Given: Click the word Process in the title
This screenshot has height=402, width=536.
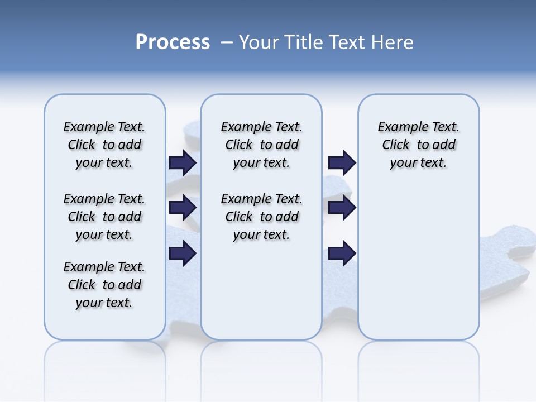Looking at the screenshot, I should point(173,42).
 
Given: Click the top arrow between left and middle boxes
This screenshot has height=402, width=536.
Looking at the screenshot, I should point(183,162).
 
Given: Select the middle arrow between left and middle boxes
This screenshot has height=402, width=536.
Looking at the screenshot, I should point(183,208).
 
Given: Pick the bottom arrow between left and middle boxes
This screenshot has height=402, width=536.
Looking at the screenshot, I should point(183,253).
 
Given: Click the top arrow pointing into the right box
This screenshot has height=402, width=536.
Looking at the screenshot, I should point(342,162).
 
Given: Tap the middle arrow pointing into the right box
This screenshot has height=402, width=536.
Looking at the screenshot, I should point(342,208).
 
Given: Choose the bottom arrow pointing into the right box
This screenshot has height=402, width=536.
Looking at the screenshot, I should point(342,253).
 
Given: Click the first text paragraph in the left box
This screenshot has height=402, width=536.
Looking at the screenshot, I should point(104,145).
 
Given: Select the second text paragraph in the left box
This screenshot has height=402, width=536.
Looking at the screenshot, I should point(104,217).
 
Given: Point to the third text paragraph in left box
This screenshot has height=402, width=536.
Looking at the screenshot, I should point(104,285).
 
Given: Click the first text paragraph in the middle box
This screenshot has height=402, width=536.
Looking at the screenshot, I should point(261,145).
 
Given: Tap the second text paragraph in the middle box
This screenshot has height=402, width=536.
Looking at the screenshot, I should point(261,217).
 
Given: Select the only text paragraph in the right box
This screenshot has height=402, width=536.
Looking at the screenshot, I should point(418,145).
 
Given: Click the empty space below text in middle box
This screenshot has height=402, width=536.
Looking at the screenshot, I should point(261,290).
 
